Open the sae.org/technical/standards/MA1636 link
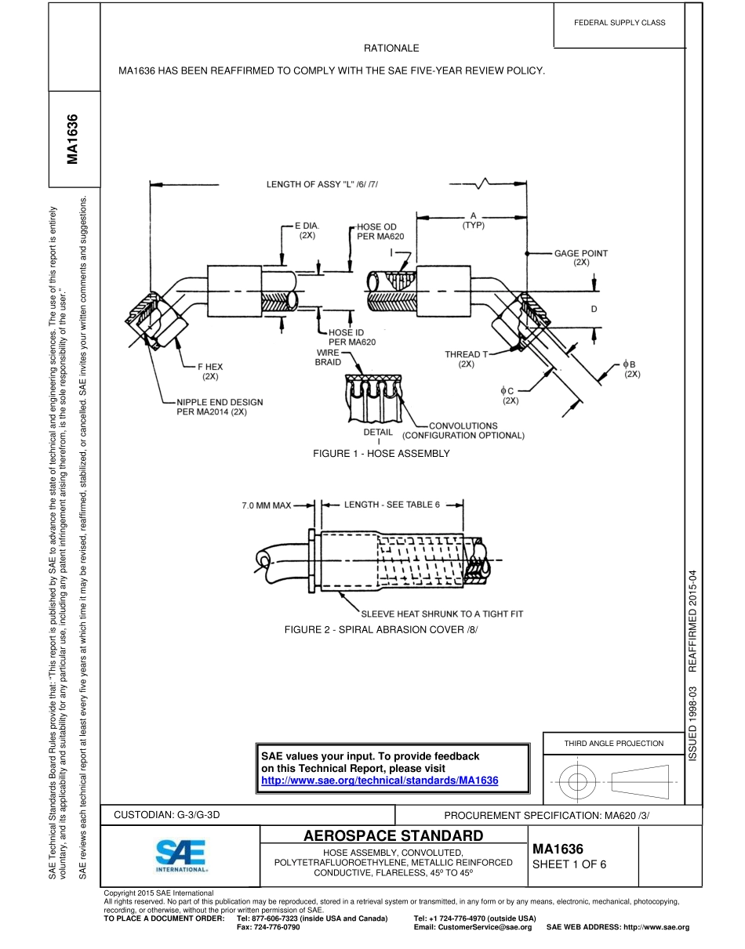[x=380, y=781]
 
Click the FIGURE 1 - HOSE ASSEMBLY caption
[x=381, y=454]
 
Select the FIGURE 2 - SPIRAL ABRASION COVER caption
[x=381, y=629]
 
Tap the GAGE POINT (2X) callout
[x=580, y=258]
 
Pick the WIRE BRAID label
[x=329, y=357]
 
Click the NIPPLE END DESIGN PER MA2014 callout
[x=220, y=407]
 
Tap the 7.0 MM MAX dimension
[x=266, y=505]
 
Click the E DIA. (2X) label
[x=306, y=230]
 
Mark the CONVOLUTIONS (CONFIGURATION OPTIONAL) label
[x=463, y=431]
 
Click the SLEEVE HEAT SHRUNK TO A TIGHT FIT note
[x=442, y=614]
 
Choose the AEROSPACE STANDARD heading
[x=393, y=835]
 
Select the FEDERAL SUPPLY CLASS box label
[x=620, y=23]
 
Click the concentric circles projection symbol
[x=577, y=781]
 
